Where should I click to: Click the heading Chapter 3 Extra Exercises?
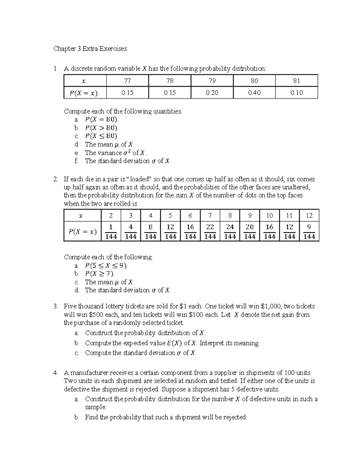tap(90, 49)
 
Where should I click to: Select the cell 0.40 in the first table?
tap(254, 93)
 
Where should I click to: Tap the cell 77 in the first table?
tap(127, 81)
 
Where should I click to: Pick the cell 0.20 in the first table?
tap(212, 93)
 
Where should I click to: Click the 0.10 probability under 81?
tap(296, 93)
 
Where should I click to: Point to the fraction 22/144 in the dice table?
tap(210, 231)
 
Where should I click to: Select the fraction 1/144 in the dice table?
tap(111, 231)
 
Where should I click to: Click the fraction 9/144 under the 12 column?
tap(309, 231)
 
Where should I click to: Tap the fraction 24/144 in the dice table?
tap(230, 231)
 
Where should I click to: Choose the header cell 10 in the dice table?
tap(269, 215)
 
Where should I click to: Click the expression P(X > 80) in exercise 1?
tap(102, 128)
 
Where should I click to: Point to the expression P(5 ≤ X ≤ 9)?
tap(106, 266)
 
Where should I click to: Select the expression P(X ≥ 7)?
tap(100, 274)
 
